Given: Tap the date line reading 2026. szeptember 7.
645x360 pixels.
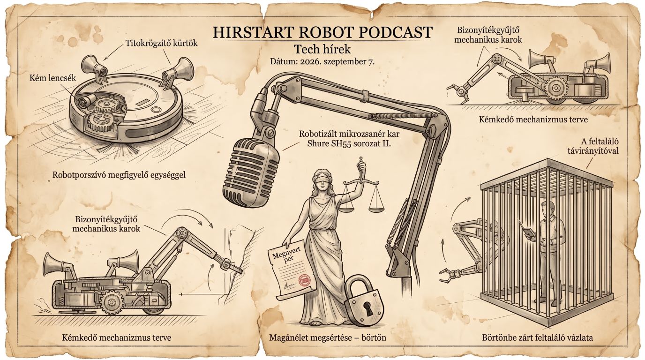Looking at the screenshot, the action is (337, 62).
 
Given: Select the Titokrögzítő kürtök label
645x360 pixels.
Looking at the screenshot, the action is (161, 43).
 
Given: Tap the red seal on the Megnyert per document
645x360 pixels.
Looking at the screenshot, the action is (305, 280).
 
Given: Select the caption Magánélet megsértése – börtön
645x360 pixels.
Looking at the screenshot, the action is (327, 337).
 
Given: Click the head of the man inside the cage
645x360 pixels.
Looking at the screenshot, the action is (547, 209).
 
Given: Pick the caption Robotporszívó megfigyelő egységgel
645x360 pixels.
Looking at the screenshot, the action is (119, 174).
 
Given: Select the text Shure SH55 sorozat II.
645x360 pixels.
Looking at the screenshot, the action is (349, 143).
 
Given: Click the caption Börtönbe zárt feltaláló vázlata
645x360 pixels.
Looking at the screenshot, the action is (538, 337).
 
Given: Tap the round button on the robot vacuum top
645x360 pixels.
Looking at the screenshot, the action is (156, 110).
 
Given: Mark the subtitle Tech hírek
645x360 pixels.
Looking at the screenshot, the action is (322, 49).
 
